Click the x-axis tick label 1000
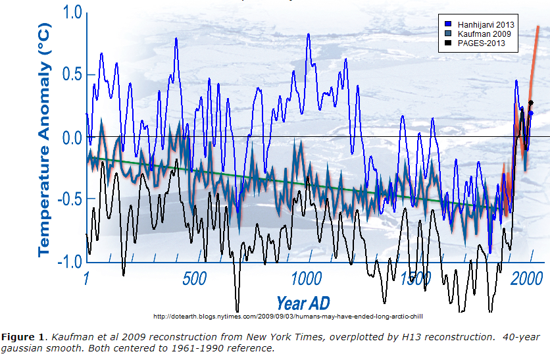[307, 279]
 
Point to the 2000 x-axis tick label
[526, 279]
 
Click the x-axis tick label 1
[86, 279]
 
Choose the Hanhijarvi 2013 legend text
[487, 24]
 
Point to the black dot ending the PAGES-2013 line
[530, 103]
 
